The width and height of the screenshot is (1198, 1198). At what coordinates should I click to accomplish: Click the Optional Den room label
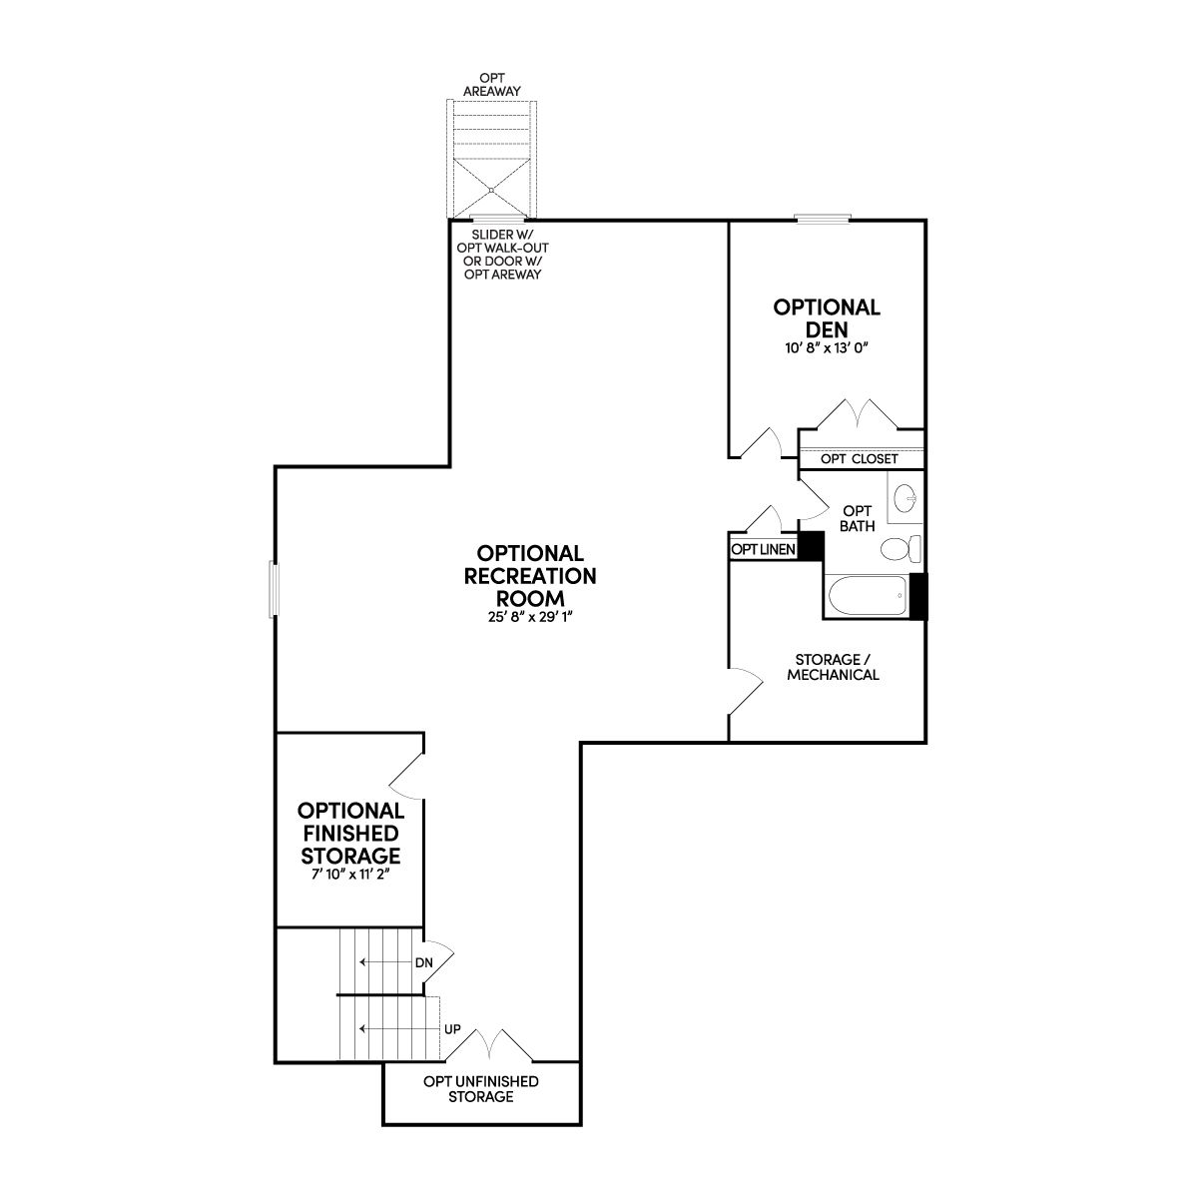tap(827, 317)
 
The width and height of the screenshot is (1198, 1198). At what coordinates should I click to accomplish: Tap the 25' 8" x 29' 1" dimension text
tap(530, 617)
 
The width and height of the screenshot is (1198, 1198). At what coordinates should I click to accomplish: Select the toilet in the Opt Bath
tap(900, 548)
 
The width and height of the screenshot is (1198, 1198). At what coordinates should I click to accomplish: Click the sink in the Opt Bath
tap(905, 498)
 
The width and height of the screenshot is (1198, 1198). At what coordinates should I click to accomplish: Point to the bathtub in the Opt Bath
tap(868, 596)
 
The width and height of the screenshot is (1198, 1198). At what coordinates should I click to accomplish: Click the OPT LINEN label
tap(763, 549)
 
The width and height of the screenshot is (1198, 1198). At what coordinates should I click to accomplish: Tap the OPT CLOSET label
tap(860, 459)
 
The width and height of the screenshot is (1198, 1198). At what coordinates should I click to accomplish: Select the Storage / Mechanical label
tap(833, 667)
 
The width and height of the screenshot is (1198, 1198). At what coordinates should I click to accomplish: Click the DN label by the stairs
tap(424, 963)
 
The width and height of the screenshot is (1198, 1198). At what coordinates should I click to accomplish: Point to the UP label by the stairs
tap(452, 1029)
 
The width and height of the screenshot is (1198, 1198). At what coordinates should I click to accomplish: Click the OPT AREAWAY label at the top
tap(492, 85)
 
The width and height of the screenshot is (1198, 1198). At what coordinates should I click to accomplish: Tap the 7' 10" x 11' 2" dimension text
tap(350, 875)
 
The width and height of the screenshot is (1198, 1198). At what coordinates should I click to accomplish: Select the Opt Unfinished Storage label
tap(481, 1089)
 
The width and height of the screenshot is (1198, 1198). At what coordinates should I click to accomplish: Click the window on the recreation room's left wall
tap(274, 589)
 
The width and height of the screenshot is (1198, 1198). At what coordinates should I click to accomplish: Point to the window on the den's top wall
tap(822, 219)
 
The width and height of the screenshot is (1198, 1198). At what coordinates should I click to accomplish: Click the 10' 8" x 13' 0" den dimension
tap(827, 347)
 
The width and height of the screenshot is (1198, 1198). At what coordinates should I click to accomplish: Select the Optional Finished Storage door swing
tap(407, 776)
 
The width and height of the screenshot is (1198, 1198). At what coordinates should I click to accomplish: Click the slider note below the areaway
tap(502, 255)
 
